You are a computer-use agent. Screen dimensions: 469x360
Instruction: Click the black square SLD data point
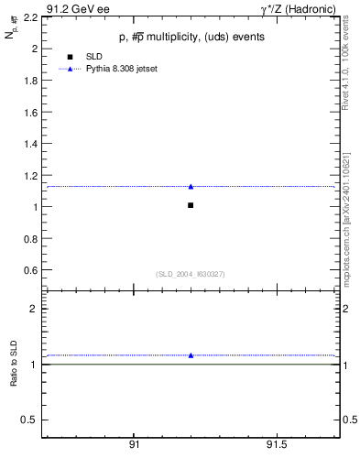coord(191,205)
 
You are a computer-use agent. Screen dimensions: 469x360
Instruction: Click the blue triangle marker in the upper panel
coord(191,187)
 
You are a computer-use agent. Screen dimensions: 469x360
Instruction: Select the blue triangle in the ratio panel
coord(191,355)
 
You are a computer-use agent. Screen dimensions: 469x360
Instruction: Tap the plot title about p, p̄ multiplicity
coord(191,38)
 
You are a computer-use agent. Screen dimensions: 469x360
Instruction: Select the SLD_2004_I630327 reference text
coord(191,274)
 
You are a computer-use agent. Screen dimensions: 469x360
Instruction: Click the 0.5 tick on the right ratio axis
coord(350,420)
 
